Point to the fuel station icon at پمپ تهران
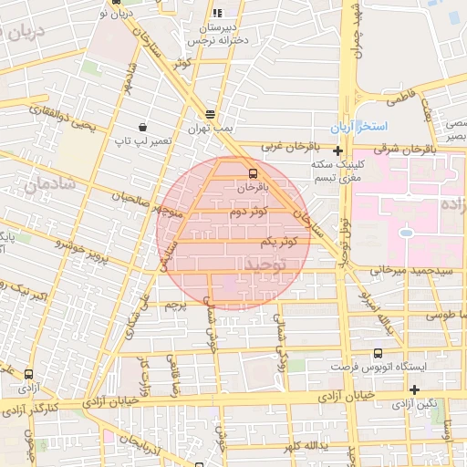coord(211,113)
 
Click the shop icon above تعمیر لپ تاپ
coord(141,127)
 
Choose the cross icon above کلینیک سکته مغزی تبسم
coord(337,150)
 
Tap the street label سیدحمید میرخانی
coord(407,270)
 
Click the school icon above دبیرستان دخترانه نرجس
coord(216,14)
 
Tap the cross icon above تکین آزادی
coord(414,390)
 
